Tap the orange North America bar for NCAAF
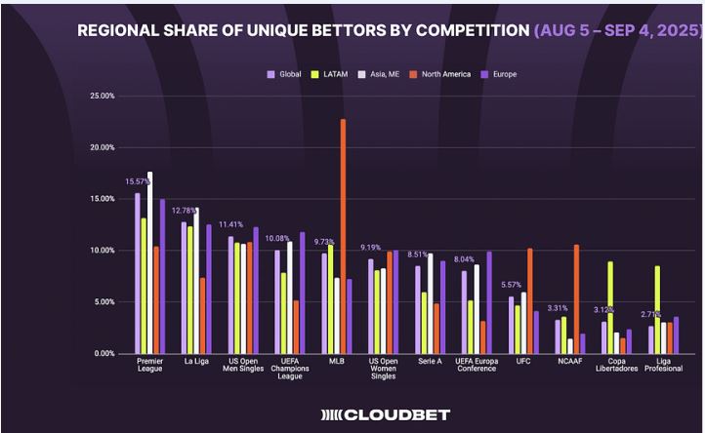577,298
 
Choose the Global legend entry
285,74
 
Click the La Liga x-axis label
196,363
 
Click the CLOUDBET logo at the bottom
387,414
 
